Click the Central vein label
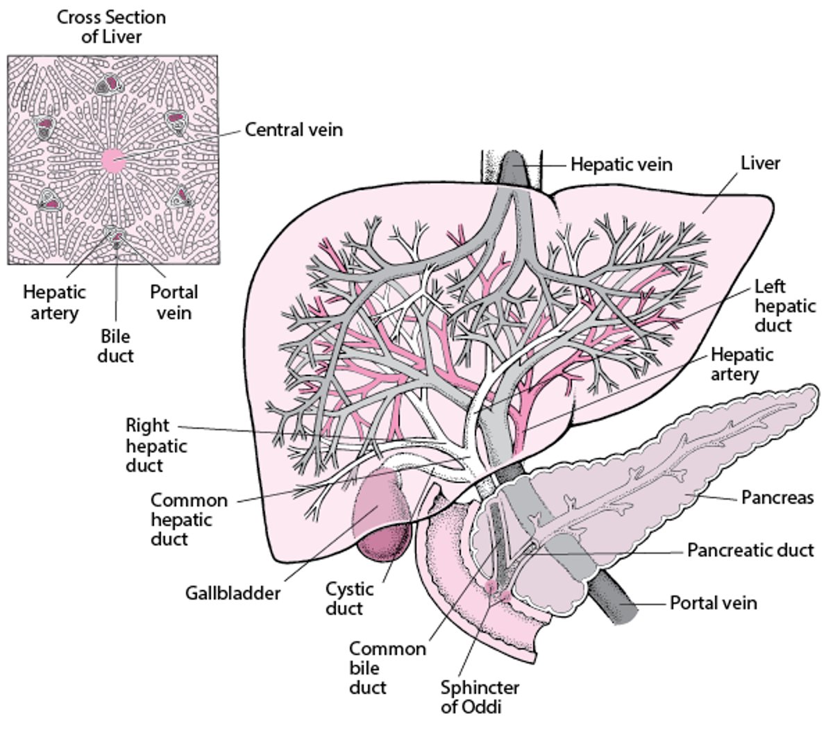(x=294, y=130)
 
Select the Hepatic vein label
(x=621, y=164)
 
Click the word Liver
(x=760, y=163)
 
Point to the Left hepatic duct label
(x=784, y=305)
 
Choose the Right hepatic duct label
(x=155, y=445)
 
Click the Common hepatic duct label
(x=189, y=519)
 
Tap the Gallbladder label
(x=233, y=593)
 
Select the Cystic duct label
(x=349, y=599)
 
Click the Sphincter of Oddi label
(x=480, y=697)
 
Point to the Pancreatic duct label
(x=750, y=550)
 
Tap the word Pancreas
(x=777, y=498)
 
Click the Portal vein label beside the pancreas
(x=713, y=602)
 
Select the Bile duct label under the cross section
(x=115, y=346)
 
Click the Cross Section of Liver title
(x=111, y=26)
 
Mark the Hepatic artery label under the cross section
(x=54, y=303)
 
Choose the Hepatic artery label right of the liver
(x=742, y=364)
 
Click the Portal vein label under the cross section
(x=174, y=303)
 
